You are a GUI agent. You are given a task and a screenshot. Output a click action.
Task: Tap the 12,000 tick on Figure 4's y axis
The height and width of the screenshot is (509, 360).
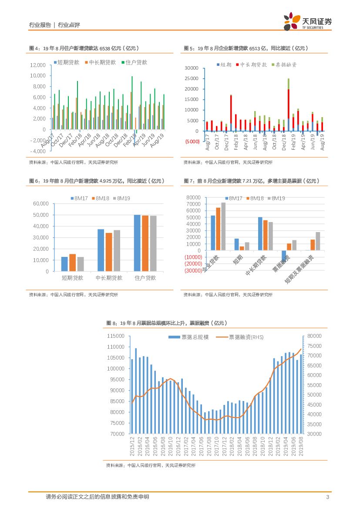[37, 65]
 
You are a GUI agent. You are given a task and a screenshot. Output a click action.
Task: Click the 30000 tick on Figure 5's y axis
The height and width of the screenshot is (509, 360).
[192, 68]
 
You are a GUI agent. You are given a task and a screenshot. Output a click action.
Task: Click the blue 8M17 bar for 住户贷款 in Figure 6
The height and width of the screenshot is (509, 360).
[137, 243]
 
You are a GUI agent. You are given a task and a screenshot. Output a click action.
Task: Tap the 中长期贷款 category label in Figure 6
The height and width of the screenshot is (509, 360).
[109, 278]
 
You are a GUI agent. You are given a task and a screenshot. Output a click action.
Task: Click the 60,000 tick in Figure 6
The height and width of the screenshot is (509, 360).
[40, 203]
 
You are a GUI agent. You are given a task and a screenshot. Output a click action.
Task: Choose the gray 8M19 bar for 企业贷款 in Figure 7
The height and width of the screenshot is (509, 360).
[223, 226]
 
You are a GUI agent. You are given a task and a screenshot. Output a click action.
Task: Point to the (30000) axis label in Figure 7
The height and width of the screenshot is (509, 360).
[193, 270]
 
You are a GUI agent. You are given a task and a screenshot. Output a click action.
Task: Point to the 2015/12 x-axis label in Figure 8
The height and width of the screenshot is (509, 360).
[132, 448]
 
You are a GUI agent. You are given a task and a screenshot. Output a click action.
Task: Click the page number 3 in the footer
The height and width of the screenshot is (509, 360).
[327, 497]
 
